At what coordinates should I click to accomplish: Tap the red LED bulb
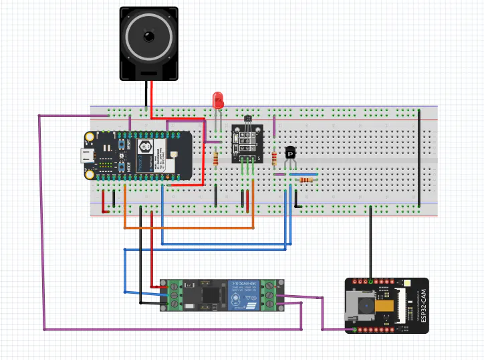(218, 100)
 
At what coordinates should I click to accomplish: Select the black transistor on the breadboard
(290, 153)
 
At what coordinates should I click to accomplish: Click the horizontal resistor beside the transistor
(307, 179)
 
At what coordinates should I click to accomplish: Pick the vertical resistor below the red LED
(215, 158)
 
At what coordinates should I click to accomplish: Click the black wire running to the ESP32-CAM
(371, 241)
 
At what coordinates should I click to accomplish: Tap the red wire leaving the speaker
(152, 94)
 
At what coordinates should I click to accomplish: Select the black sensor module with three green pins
(246, 142)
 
